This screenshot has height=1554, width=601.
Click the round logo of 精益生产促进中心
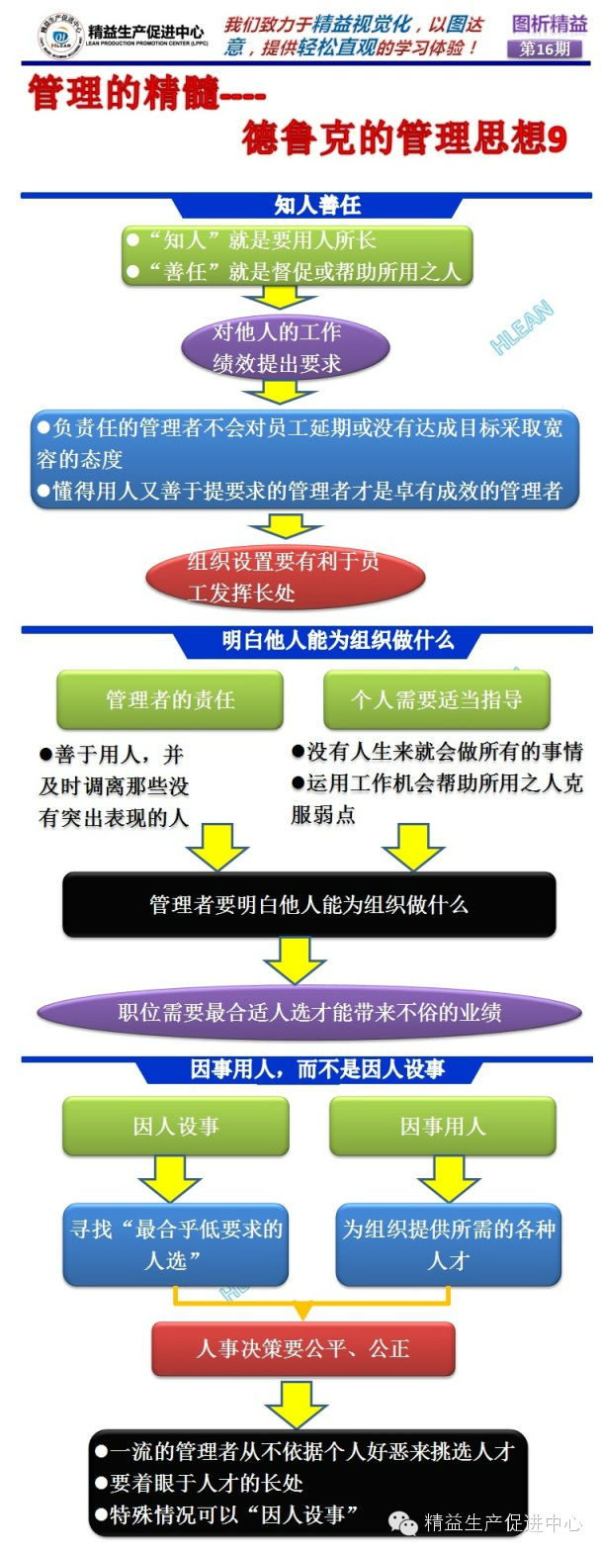(x=58, y=37)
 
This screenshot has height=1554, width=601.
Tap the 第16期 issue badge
(x=545, y=48)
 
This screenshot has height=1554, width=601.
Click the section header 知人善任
(x=317, y=205)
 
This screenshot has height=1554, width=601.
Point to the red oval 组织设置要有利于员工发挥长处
(x=285, y=578)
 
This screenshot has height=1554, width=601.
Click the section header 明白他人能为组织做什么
(x=336, y=640)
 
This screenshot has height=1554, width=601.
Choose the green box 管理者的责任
(x=170, y=699)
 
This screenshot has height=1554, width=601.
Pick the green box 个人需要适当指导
(x=436, y=699)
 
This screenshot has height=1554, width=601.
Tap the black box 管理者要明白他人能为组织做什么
(x=308, y=904)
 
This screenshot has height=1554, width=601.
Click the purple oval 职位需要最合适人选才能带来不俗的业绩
(x=308, y=1012)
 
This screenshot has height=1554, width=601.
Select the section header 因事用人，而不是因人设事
(x=316, y=1069)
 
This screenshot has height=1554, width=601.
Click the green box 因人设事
(x=176, y=1126)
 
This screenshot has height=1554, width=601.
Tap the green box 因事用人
(x=442, y=1126)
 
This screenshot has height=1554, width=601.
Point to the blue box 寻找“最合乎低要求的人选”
(x=176, y=1243)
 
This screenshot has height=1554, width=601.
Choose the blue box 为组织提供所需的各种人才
(x=448, y=1243)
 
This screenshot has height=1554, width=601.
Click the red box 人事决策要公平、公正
(x=302, y=1348)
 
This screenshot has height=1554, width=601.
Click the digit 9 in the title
(x=557, y=139)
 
